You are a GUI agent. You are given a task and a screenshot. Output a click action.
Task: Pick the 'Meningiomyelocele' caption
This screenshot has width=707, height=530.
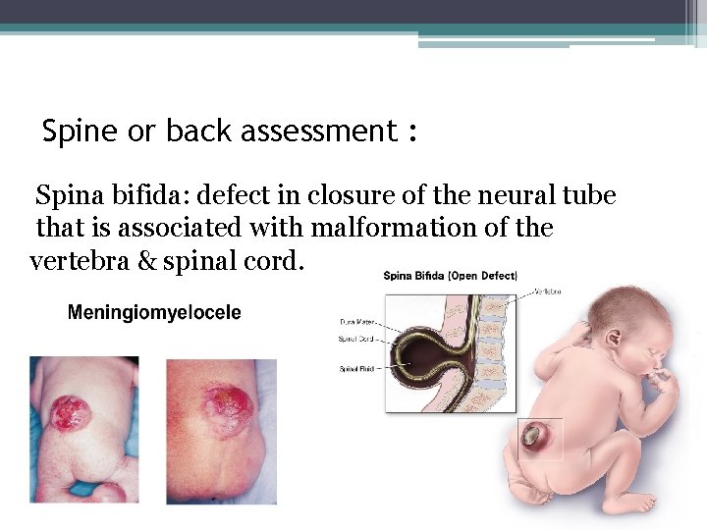pos(153,313)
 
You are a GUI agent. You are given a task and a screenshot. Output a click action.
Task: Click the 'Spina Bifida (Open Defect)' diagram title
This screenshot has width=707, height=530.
pos(451,276)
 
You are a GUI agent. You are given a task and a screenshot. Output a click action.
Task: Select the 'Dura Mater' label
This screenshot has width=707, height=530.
pos(358,321)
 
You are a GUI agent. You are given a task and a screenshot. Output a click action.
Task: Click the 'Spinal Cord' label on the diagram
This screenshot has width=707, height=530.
pos(356,340)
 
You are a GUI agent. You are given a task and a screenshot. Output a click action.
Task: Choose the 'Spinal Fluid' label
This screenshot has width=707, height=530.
pos(356,370)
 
